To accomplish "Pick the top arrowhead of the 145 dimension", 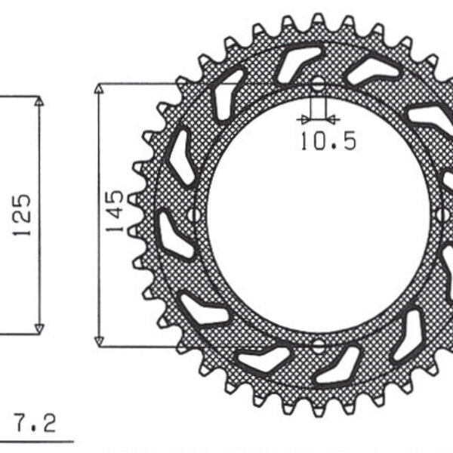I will pyautogui.click(x=98, y=88).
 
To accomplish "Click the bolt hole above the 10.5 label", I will pyautogui.click(x=317, y=83).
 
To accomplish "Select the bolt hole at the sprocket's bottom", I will pyautogui.click(x=317, y=346).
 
